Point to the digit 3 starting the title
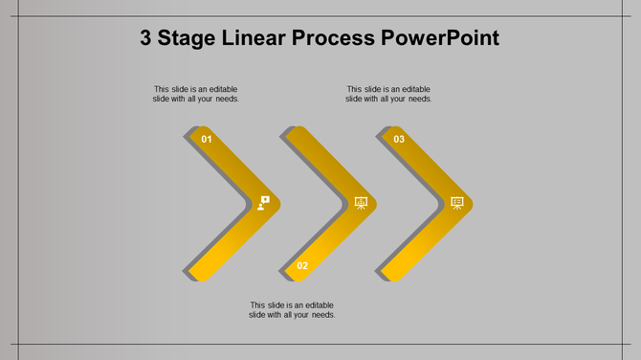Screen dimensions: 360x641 pyautogui.click(x=146, y=39)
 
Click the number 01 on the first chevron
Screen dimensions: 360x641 pyautogui.click(x=207, y=140)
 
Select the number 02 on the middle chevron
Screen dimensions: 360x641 pyautogui.click(x=302, y=265)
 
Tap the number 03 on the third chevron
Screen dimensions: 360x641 pyautogui.click(x=399, y=140)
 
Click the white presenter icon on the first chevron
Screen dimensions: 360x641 pyautogui.click(x=264, y=203)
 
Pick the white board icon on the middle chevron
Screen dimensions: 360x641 pyautogui.click(x=361, y=203)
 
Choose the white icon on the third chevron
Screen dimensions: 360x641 pyautogui.click(x=457, y=203)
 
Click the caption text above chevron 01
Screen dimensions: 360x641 pyautogui.click(x=196, y=94)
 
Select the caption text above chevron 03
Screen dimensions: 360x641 pyautogui.click(x=388, y=94)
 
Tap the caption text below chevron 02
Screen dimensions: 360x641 pyautogui.click(x=292, y=310)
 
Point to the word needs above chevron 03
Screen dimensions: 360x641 pyautogui.click(x=420, y=99)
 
